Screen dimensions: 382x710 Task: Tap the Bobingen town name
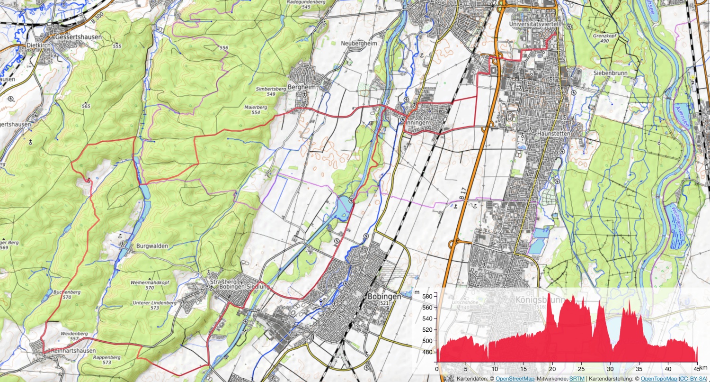click(x=384, y=296)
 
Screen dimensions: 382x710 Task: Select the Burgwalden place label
click(x=152, y=246)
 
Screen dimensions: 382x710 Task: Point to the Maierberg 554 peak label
click(x=256, y=109)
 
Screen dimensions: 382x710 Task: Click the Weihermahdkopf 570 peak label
click(x=150, y=284)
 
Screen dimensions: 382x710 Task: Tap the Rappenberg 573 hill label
click(x=106, y=359)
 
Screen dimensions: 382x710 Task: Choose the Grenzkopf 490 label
click(x=604, y=38)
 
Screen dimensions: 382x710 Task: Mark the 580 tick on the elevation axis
click(x=427, y=296)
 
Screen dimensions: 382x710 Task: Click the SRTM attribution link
click(x=577, y=379)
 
